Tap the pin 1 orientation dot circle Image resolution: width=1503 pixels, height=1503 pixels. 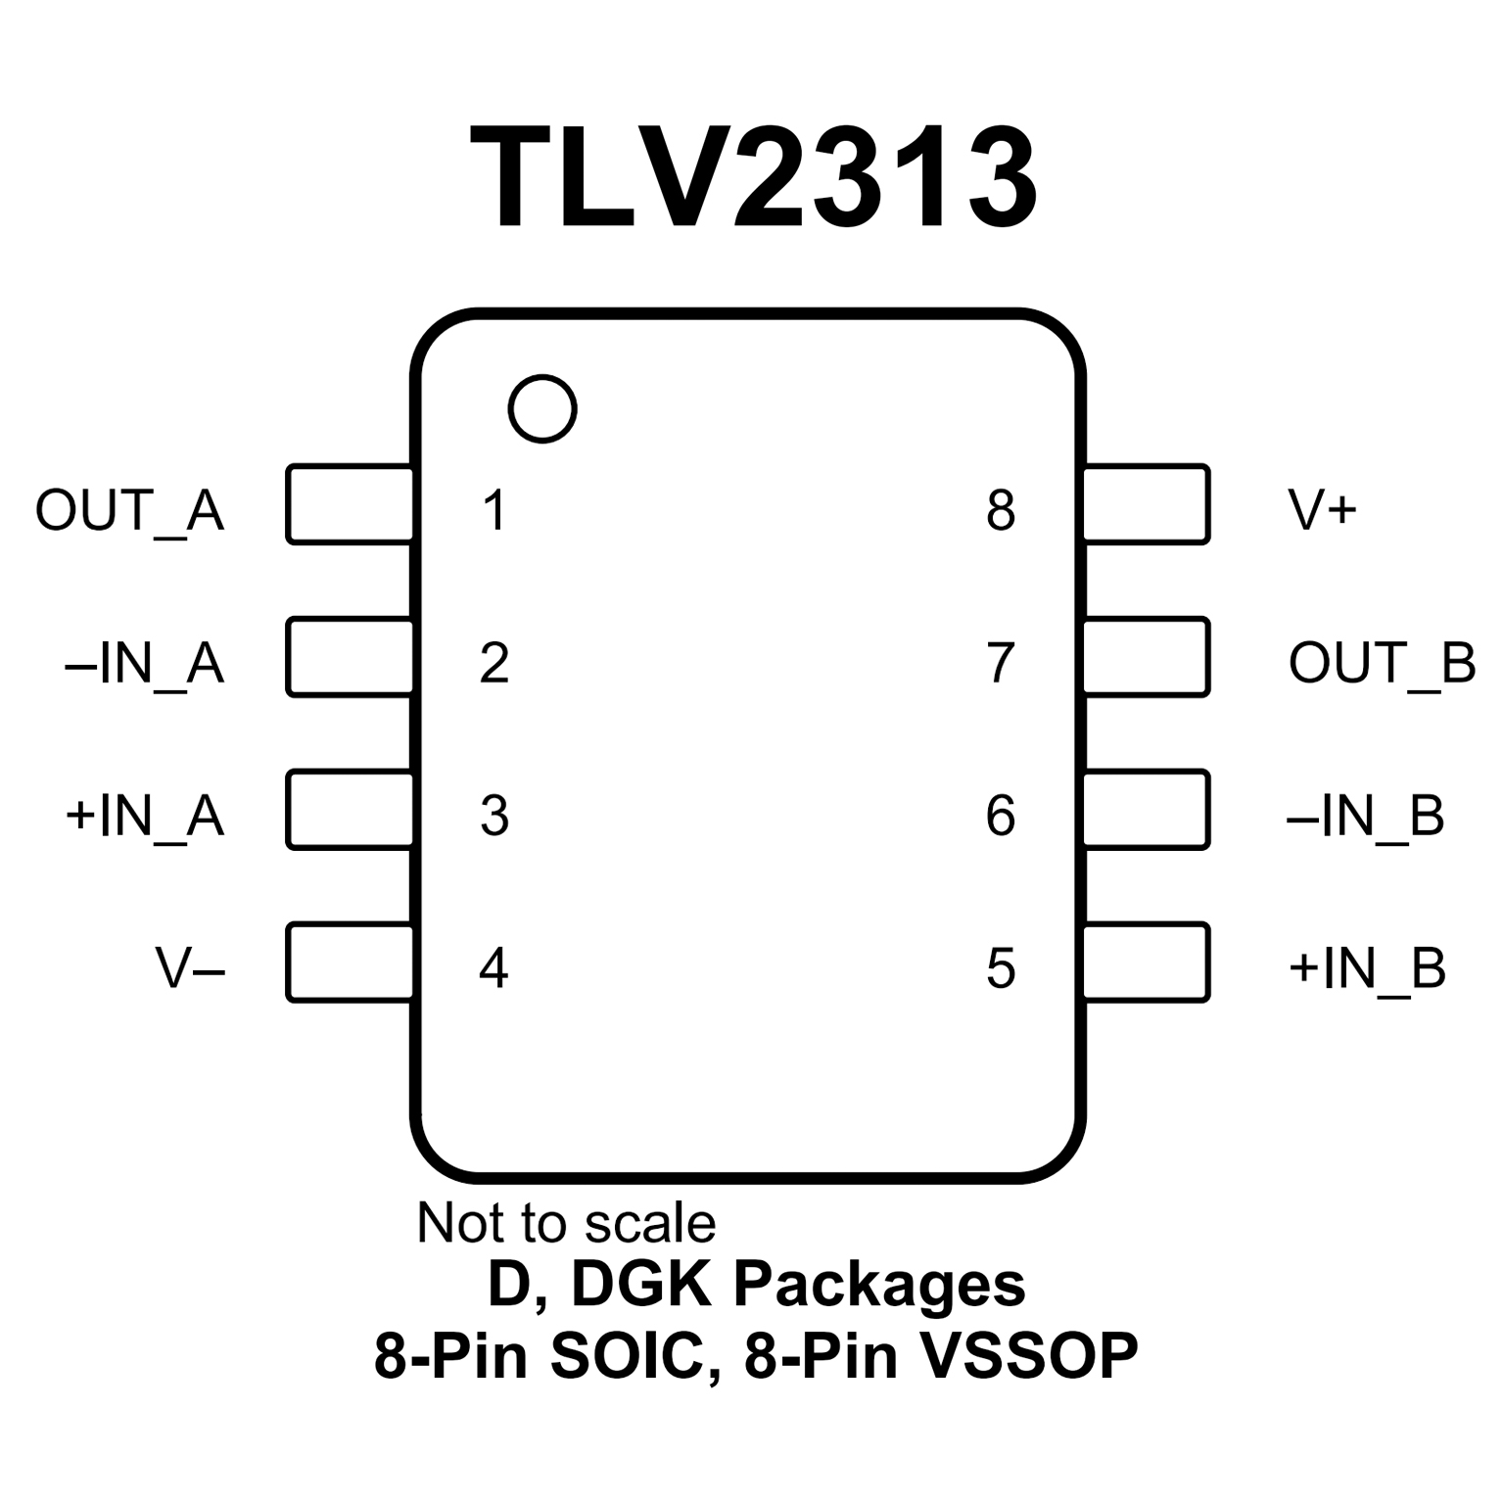542,408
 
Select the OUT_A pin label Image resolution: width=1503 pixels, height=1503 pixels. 130,510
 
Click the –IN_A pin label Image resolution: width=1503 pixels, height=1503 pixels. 145,663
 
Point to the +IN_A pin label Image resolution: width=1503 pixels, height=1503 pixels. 145,816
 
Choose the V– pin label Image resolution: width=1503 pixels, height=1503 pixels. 190,968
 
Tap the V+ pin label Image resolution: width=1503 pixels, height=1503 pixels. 1322,510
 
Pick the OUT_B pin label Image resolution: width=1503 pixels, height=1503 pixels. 1382,663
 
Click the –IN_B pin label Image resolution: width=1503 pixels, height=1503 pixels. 1365,816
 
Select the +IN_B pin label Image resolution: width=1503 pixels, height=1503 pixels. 1367,968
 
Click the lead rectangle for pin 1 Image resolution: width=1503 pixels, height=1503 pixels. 350,504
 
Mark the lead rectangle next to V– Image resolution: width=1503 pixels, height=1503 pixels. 350,963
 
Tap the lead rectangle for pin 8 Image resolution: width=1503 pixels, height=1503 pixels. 1147,504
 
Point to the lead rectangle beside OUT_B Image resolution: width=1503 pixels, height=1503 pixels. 1147,657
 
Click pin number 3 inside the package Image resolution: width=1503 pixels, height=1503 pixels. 494,816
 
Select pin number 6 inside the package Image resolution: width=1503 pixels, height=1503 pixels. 1001,816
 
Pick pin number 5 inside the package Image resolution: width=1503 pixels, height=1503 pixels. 1001,968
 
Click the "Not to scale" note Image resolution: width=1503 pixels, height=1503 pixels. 566,1223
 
